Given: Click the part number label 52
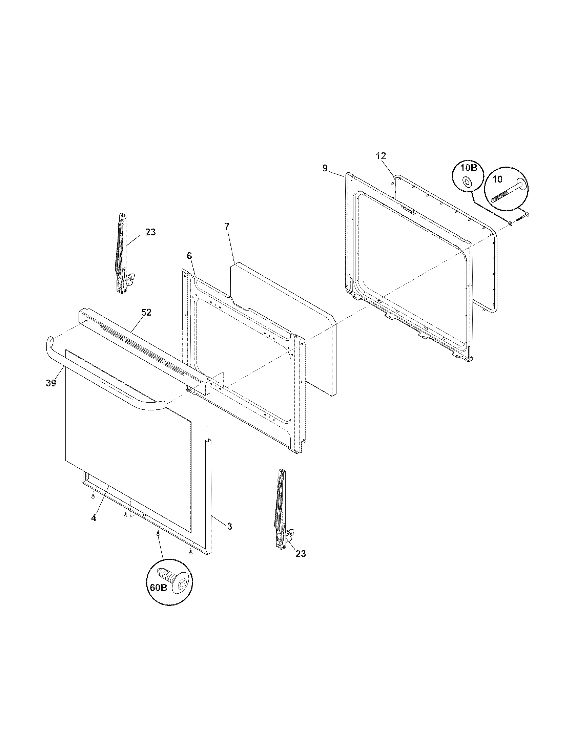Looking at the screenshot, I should [x=146, y=312].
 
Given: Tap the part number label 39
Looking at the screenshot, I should [x=51, y=383].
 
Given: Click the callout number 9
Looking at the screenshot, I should [x=325, y=168].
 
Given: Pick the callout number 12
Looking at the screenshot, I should [x=381, y=156].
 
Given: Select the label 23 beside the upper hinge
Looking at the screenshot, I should [x=150, y=232].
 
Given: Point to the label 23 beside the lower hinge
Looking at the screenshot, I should [x=301, y=554].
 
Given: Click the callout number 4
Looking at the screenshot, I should [x=94, y=527].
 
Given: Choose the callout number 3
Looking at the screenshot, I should [x=229, y=527].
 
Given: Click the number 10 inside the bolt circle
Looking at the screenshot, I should [x=497, y=179].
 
